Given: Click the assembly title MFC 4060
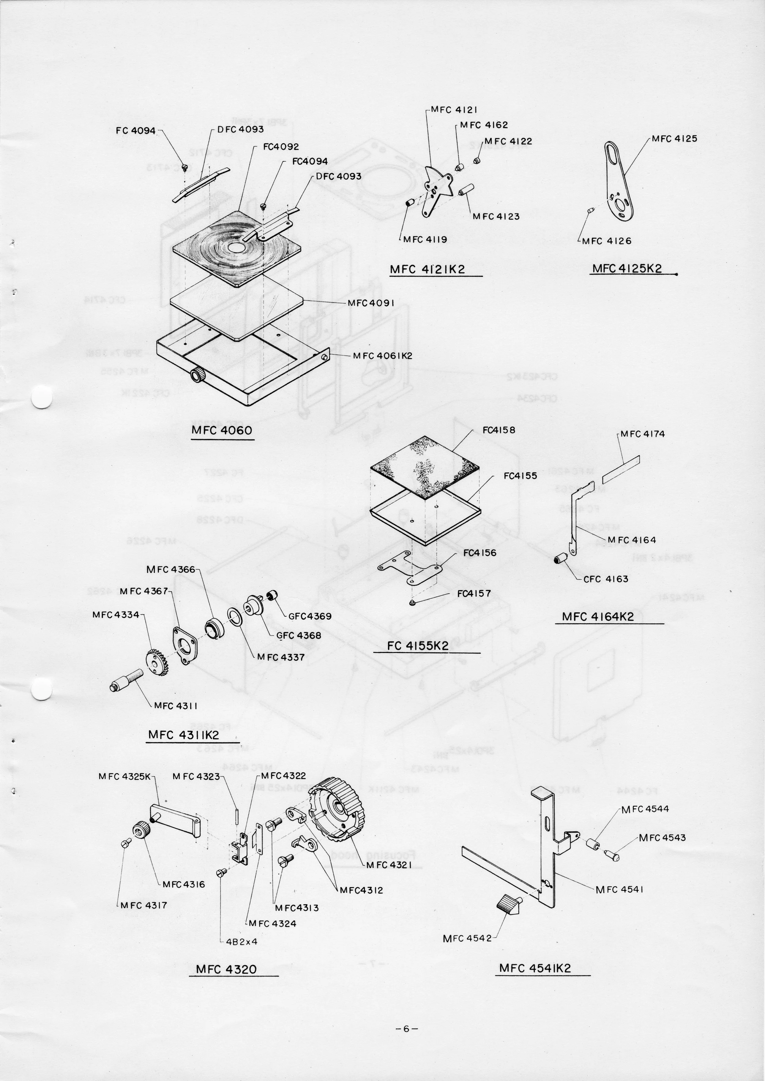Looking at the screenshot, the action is tap(222, 431).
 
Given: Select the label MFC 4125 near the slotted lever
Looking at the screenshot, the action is tap(674, 139).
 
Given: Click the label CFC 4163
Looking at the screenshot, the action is tap(606, 579).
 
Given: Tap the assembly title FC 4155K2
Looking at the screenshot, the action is tap(418, 646).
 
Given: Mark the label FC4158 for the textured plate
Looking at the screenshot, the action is tap(499, 430).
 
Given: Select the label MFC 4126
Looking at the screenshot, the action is tap(607, 241).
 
